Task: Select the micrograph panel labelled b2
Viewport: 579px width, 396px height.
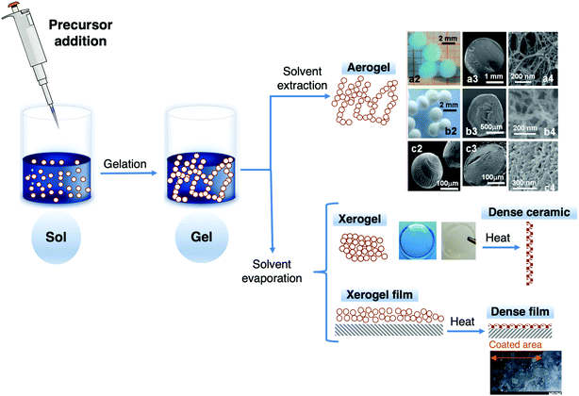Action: click(432, 114)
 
